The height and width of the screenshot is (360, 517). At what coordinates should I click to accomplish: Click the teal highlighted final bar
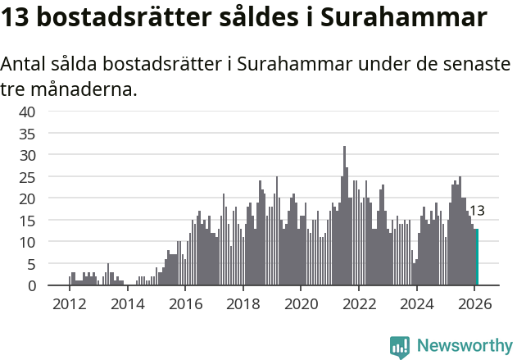tap(477, 257)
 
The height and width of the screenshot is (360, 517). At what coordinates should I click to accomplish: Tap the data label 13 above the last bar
tap(477, 211)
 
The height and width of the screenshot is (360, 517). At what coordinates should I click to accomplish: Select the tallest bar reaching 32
tap(344, 216)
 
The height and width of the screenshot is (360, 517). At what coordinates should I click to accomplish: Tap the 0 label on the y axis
tap(31, 285)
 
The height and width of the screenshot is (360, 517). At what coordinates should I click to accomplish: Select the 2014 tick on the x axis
tap(127, 303)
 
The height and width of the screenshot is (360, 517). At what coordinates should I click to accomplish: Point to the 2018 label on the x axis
tap(243, 303)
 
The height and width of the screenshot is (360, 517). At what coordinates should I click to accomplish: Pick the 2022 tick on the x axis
tap(359, 303)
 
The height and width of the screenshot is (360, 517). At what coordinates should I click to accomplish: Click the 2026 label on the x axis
tap(475, 303)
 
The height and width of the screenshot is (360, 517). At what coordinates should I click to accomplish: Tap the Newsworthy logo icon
tap(400, 347)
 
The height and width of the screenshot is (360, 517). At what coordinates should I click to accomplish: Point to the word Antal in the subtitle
tap(25, 64)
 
